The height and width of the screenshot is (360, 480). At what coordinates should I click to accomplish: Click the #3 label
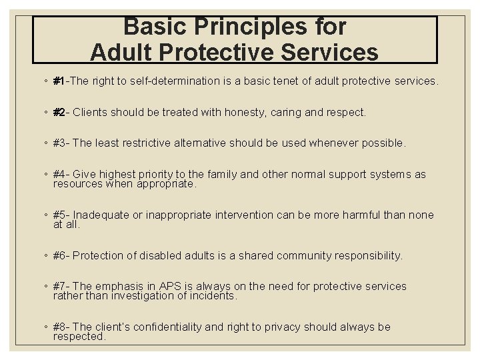click(x=60, y=143)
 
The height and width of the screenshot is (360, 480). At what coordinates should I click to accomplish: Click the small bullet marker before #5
click(x=44, y=215)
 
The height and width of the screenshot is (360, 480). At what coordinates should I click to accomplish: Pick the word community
click(x=297, y=256)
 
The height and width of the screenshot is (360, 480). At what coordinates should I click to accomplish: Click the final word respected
click(x=79, y=337)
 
